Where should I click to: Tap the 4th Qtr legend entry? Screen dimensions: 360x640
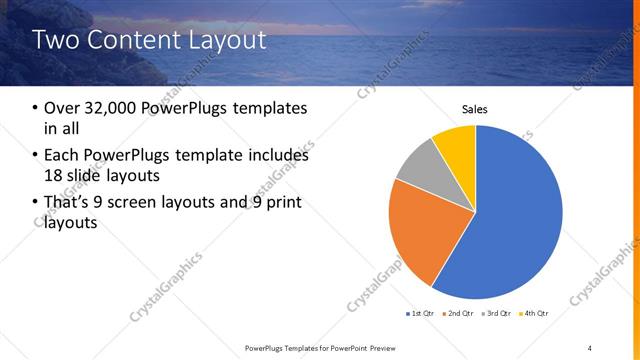(x=534, y=314)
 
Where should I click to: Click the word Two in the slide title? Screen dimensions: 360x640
(x=54, y=41)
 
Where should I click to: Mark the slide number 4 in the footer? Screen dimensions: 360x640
(x=590, y=347)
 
